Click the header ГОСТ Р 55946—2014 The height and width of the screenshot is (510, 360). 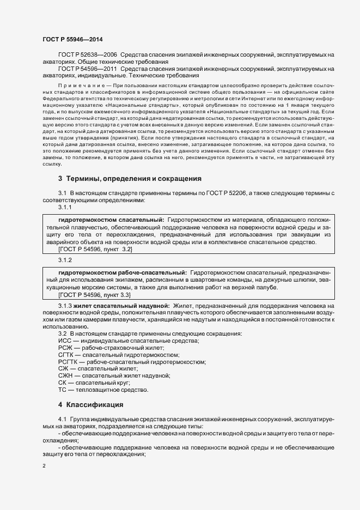coord(72,39)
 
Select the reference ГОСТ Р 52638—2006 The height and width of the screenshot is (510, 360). coord(87,56)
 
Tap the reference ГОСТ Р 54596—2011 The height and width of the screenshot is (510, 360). coord(87,69)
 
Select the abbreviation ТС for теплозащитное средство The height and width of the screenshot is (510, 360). coord(62,390)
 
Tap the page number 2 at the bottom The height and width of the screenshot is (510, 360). coord(44,466)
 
